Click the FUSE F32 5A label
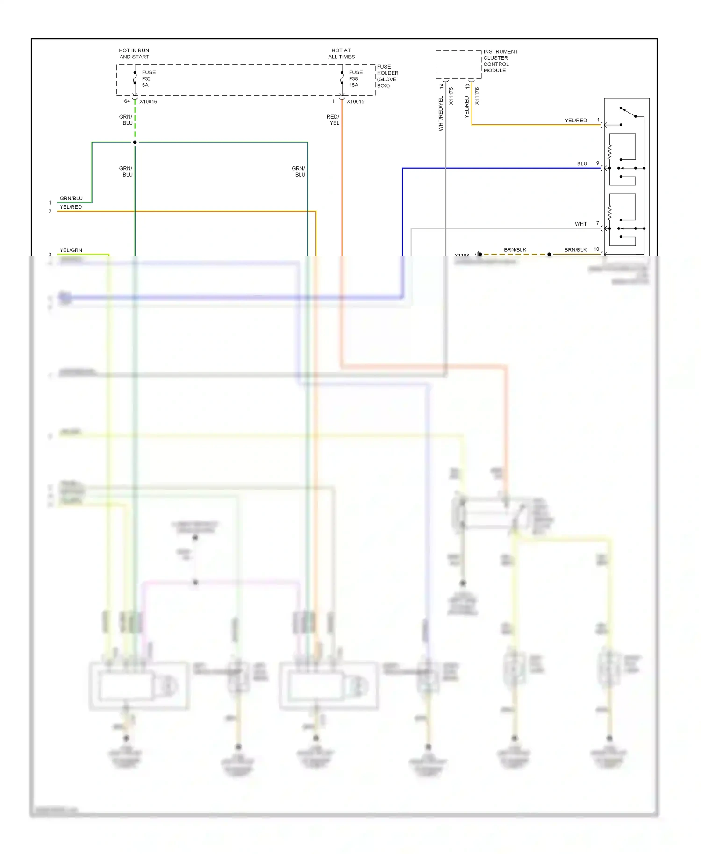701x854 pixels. click(149, 78)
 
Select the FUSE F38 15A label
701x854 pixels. click(355, 78)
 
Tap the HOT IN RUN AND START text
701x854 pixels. click(134, 54)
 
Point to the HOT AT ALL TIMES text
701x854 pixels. click(341, 54)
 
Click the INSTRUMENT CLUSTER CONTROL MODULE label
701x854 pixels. click(500, 61)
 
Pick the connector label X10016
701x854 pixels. click(148, 101)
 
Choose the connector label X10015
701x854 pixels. click(355, 101)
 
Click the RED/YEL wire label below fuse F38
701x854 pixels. click(333, 120)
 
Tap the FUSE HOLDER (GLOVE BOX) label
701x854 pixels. click(387, 76)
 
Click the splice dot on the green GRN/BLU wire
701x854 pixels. click(135, 142)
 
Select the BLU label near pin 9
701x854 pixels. click(582, 164)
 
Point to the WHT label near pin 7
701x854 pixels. click(580, 224)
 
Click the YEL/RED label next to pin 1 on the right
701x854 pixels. click(575, 121)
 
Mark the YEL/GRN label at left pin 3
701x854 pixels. click(71, 250)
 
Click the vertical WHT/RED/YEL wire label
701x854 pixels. click(440, 114)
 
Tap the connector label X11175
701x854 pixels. click(451, 96)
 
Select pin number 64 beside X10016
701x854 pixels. click(127, 101)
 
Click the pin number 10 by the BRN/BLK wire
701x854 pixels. click(596, 249)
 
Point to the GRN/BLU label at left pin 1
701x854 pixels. click(71, 199)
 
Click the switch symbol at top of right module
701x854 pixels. click(628, 113)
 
